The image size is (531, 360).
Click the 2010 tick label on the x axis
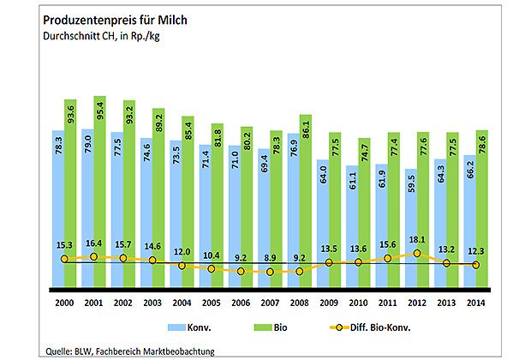click(357, 303)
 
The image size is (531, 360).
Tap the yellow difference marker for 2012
click(417, 254)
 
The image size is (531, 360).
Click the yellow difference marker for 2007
click(270, 272)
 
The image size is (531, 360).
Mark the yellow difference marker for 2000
click(65, 259)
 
